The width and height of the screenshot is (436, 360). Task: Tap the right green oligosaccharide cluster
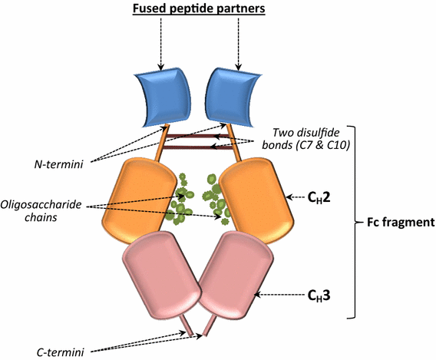click(216, 200)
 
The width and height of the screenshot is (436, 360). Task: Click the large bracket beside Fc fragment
click(355, 223)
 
